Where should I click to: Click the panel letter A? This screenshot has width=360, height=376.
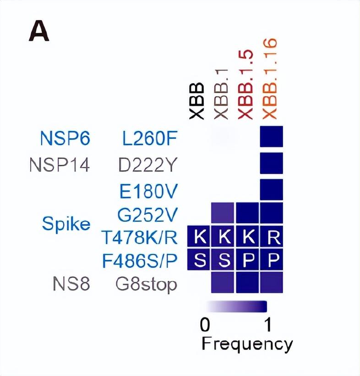[x=39, y=31]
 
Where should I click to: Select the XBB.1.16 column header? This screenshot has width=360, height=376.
[x=270, y=79]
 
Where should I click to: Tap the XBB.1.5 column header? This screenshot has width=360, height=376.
[x=245, y=85]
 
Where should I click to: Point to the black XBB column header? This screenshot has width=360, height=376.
[x=196, y=101]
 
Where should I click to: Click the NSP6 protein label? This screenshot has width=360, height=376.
[x=65, y=138]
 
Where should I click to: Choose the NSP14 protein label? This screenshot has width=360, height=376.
[x=60, y=165]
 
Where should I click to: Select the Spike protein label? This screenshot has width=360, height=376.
[x=66, y=224]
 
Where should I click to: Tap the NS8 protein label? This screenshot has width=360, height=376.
[x=71, y=284]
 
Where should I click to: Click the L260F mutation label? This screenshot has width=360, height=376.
[x=150, y=138]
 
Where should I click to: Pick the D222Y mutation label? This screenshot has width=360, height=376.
[x=147, y=165]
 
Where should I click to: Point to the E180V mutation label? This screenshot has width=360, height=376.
[x=148, y=191]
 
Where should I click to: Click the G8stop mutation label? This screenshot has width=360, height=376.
[x=146, y=285]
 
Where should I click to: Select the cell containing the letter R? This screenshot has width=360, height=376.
[x=272, y=236]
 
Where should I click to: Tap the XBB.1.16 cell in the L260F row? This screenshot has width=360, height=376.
[x=272, y=136]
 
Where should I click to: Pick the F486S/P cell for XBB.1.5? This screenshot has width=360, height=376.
[x=247, y=259]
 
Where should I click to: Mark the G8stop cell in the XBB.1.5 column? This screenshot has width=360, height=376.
[x=247, y=282]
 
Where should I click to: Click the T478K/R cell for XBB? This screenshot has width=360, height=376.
[x=198, y=236]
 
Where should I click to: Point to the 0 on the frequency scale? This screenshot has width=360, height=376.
[x=205, y=325]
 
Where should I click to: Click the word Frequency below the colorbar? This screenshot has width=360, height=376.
[x=247, y=344]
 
